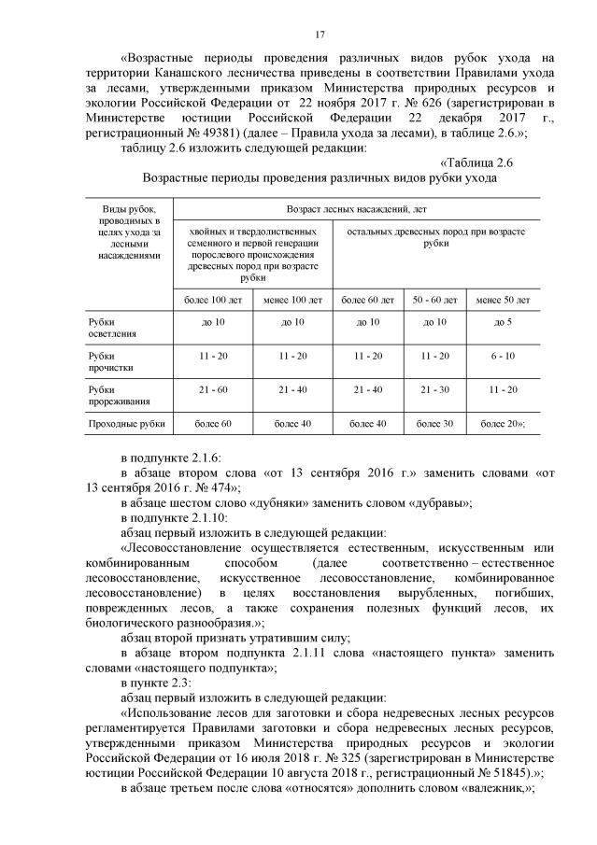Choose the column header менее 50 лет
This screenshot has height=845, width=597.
503,300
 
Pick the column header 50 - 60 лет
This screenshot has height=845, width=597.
434,300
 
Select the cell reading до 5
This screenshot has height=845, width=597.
503,321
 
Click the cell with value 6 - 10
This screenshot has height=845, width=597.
503,356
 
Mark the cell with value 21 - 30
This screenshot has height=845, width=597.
434,389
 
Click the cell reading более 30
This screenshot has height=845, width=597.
434,424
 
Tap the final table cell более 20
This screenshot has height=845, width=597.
503,424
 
